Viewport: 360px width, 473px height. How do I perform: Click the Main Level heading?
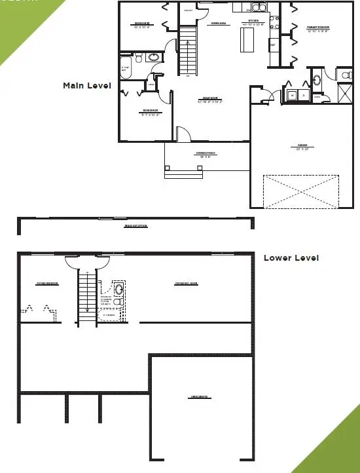tap(86, 85)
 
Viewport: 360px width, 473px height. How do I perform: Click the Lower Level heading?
tap(291, 258)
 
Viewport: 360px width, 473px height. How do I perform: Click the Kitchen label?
tap(253, 22)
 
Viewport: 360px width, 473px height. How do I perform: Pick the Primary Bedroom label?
tap(318, 28)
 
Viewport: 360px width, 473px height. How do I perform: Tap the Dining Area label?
tap(218, 24)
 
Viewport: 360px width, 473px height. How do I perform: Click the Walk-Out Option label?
tap(136, 226)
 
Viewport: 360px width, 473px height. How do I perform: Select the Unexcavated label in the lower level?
tap(200, 398)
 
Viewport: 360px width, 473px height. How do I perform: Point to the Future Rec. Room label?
tap(186, 284)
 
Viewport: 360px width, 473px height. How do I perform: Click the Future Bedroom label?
tap(47, 284)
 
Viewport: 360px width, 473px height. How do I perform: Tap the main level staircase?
tap(188, 50)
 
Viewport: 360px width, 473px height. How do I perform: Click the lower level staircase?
tap(87, 296)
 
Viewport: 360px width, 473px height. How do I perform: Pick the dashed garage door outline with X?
tap(301, 192)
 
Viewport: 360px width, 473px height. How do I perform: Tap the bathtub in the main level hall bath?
tap(126, 67)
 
